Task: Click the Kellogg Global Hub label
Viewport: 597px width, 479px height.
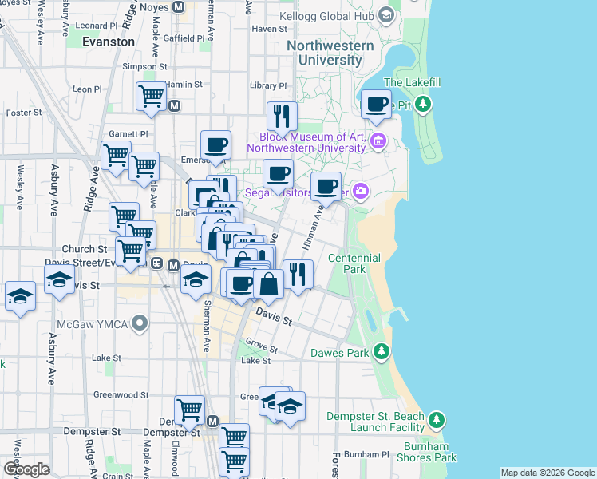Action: pyautogui.click(x=331, y=15)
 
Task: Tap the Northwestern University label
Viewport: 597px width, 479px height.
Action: pyautogui.click(x=330, y=53)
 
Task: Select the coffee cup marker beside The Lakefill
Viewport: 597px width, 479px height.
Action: pyautogui.click(x=376, y=104)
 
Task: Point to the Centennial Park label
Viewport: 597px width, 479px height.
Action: pyautogui.click(x=354, y=264)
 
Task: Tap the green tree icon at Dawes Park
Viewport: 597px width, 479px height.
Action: pyautogui.click(x=382, y=352)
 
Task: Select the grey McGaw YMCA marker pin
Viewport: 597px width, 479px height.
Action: pyautogui.click(x=140, y=324)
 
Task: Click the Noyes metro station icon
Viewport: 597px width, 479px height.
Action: pyautogui.click(x=179, y=6)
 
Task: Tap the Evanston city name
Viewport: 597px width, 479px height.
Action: pyautogui.click(x=109, y=42)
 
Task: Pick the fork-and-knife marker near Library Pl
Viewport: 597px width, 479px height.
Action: pyautogui.click(x=282, y=116)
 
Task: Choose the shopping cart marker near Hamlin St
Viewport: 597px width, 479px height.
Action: pyautogui.click(x=150, y=96)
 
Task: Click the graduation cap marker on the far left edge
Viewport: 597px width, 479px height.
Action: pyautogui.click(x=20, y=297)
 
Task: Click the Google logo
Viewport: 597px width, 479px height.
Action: pyautogui.click(x=26, y=469)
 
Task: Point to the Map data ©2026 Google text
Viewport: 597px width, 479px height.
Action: pyautogui.click(x=547, y=473)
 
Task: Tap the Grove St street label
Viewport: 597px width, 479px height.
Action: pyautogui.click(x=261, y=347)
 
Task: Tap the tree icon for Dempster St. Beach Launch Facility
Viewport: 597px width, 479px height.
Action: pyautogui.click(x=436, y=419)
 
